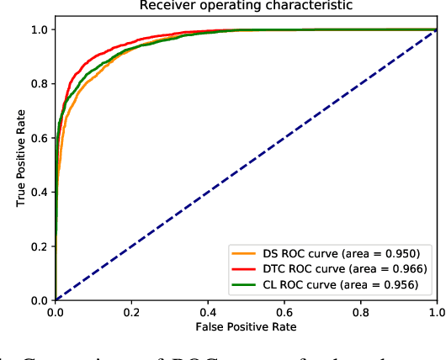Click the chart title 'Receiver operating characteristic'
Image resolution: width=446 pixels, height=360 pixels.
246,7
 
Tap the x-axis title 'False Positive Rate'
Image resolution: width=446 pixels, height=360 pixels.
246,326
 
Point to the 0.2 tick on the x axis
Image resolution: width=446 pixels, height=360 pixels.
131,310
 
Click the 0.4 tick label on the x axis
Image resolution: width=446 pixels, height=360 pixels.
208,310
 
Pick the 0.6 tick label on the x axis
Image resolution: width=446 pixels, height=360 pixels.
284,310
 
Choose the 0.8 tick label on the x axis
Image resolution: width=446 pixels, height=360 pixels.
360,310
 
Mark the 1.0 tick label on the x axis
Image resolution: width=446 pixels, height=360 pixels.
436,310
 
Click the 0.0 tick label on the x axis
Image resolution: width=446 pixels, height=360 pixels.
56,310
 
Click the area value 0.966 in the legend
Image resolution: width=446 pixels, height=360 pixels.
407,268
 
